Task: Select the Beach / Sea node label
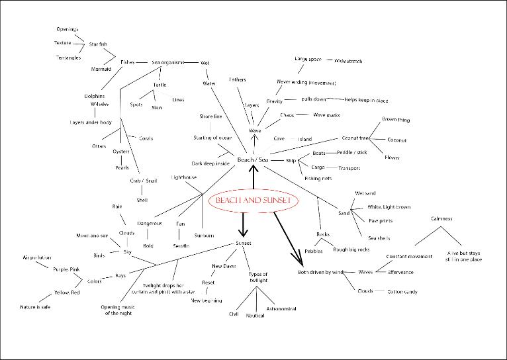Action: click(x=252, y=160)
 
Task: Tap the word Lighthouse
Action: click(x=184, y=177)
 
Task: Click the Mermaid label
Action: click(x=101, y=69)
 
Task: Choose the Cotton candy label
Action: click(x=402, y=291)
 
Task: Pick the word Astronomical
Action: click(x=281, y=308)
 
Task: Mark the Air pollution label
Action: click(x=37, y=257)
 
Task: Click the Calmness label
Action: click(x=441, y=218)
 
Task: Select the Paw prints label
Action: click(x=382, y=220)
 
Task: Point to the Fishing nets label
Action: click(x=318, y=179)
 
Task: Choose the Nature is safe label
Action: click(x=35, y=307)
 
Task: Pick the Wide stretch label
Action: click(x=348, y=61)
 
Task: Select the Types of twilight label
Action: click(x=258, y=277)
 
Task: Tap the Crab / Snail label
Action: click(x=143, y=180)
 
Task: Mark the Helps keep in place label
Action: click(x=366, y=100)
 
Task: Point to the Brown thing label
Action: click(x=396, y=120)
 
